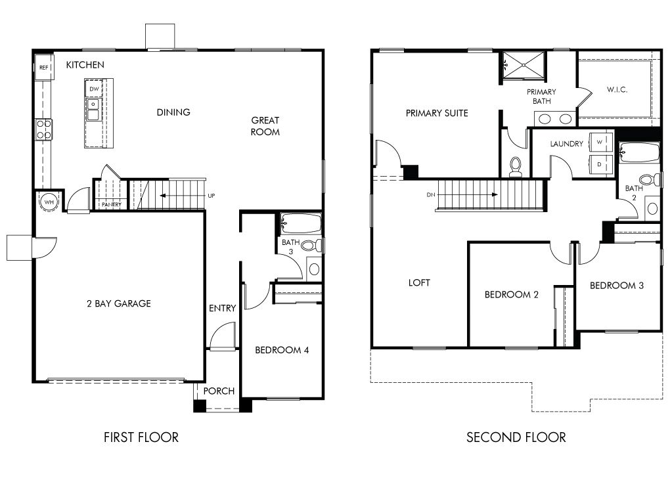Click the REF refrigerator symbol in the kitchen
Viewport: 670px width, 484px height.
(x=43, y=67)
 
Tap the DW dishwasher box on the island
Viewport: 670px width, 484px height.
(x=94, y=89)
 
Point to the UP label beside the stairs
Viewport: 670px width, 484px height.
(x=211, y=196)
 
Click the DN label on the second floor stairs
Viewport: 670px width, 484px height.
(x=431, y=195)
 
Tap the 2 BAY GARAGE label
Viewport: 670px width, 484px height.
(x=118, y=303)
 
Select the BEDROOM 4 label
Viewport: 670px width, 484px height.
(x=282, y=350)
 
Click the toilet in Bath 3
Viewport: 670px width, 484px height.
(x=317, y=246)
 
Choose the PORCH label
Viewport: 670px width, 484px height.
(x=219, y=391)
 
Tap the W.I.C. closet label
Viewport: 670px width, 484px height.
(x=617, y=89)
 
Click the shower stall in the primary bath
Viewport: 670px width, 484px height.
(x=524, y=64)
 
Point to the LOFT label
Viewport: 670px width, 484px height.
(x=419, y=283)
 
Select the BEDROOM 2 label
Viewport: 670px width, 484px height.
(x=512, y=295)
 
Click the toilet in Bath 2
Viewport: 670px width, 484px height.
(x=648, y=180)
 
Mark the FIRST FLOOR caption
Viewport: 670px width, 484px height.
(x=141, y=437)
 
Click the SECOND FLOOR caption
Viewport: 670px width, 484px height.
(x=516, y=437)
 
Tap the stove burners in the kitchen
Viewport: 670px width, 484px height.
(x=44, y=129)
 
